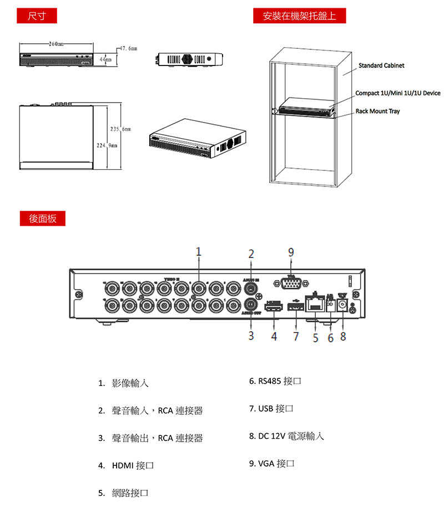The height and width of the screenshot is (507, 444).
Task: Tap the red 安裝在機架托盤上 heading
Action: pyautogui.click(x=299, y=16)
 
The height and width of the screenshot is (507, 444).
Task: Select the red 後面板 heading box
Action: pyautogui.click(x=42, y=218)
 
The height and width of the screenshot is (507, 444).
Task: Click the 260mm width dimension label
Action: pyautogui.click(x=56, y=43)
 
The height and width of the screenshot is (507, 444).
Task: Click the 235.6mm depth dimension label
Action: pyautogui.click(x=120, y=129)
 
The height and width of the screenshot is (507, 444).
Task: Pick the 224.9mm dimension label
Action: pyautogui.click(x=106, y=145)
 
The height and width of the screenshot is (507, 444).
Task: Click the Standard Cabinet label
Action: pyautogui.click(x=381, y=65)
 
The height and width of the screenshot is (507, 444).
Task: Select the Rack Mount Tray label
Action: pyautogui.click(x=377, y=111)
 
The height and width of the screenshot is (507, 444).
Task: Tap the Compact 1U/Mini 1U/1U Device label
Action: pyautogui.click(x=397, y=93)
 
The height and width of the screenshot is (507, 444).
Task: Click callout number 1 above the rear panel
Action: pyautogui.click(x=198, y=252)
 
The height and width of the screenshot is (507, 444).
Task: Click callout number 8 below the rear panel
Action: pyautogui.click(x=343, y=336)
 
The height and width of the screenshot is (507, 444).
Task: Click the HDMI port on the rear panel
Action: pyautogui.click(x=273, y=307)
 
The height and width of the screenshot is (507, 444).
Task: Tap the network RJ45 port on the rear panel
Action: pyautogui.click(x=316, y=304)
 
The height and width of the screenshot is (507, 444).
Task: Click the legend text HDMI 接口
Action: pyautogui.click(x=132, y=465)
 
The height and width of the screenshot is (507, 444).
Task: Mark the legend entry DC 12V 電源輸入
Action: pyautogui.click(x=286, y=436)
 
